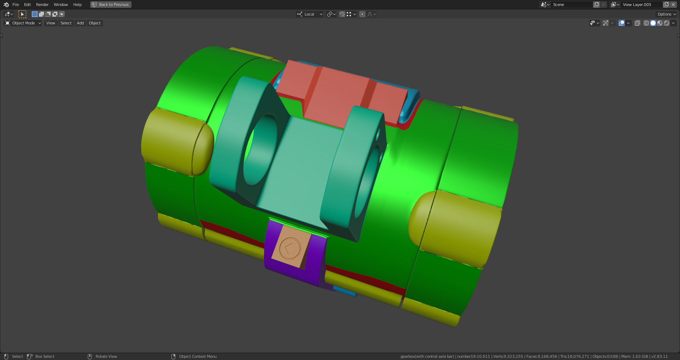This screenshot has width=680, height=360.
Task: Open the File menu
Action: point(16,5)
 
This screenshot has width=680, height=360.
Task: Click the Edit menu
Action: point(27,5)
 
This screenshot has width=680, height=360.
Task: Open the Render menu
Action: point(42,5)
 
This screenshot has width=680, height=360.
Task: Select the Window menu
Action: point(61,5)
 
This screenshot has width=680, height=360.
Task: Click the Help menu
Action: point(77,5)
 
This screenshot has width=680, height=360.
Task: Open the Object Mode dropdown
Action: point(23,23)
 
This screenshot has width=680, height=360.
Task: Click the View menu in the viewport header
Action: point(51,23)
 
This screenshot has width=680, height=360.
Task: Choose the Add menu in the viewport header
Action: point(80,23)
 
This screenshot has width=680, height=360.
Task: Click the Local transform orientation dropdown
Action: point(310,14)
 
